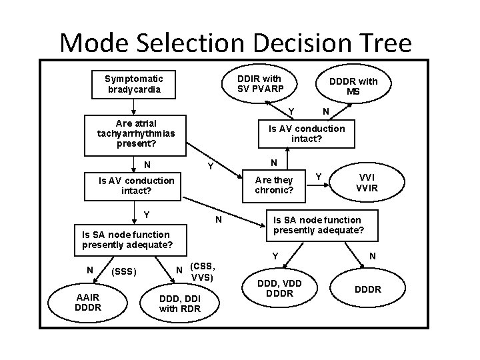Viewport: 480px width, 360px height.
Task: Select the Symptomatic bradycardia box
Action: click(x=134, y=83)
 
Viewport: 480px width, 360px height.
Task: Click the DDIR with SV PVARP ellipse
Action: click(x=259, y=83)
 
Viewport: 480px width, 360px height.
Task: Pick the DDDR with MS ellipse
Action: click(x=353, y=86)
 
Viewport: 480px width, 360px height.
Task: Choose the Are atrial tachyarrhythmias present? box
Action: click(x=136, y=133)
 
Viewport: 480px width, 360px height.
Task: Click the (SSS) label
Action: click(x=123, y=271)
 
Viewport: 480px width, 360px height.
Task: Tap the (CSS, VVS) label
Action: click(x=201, y=270)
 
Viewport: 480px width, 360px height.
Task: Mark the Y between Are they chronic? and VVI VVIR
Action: click(x=319, y=177)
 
